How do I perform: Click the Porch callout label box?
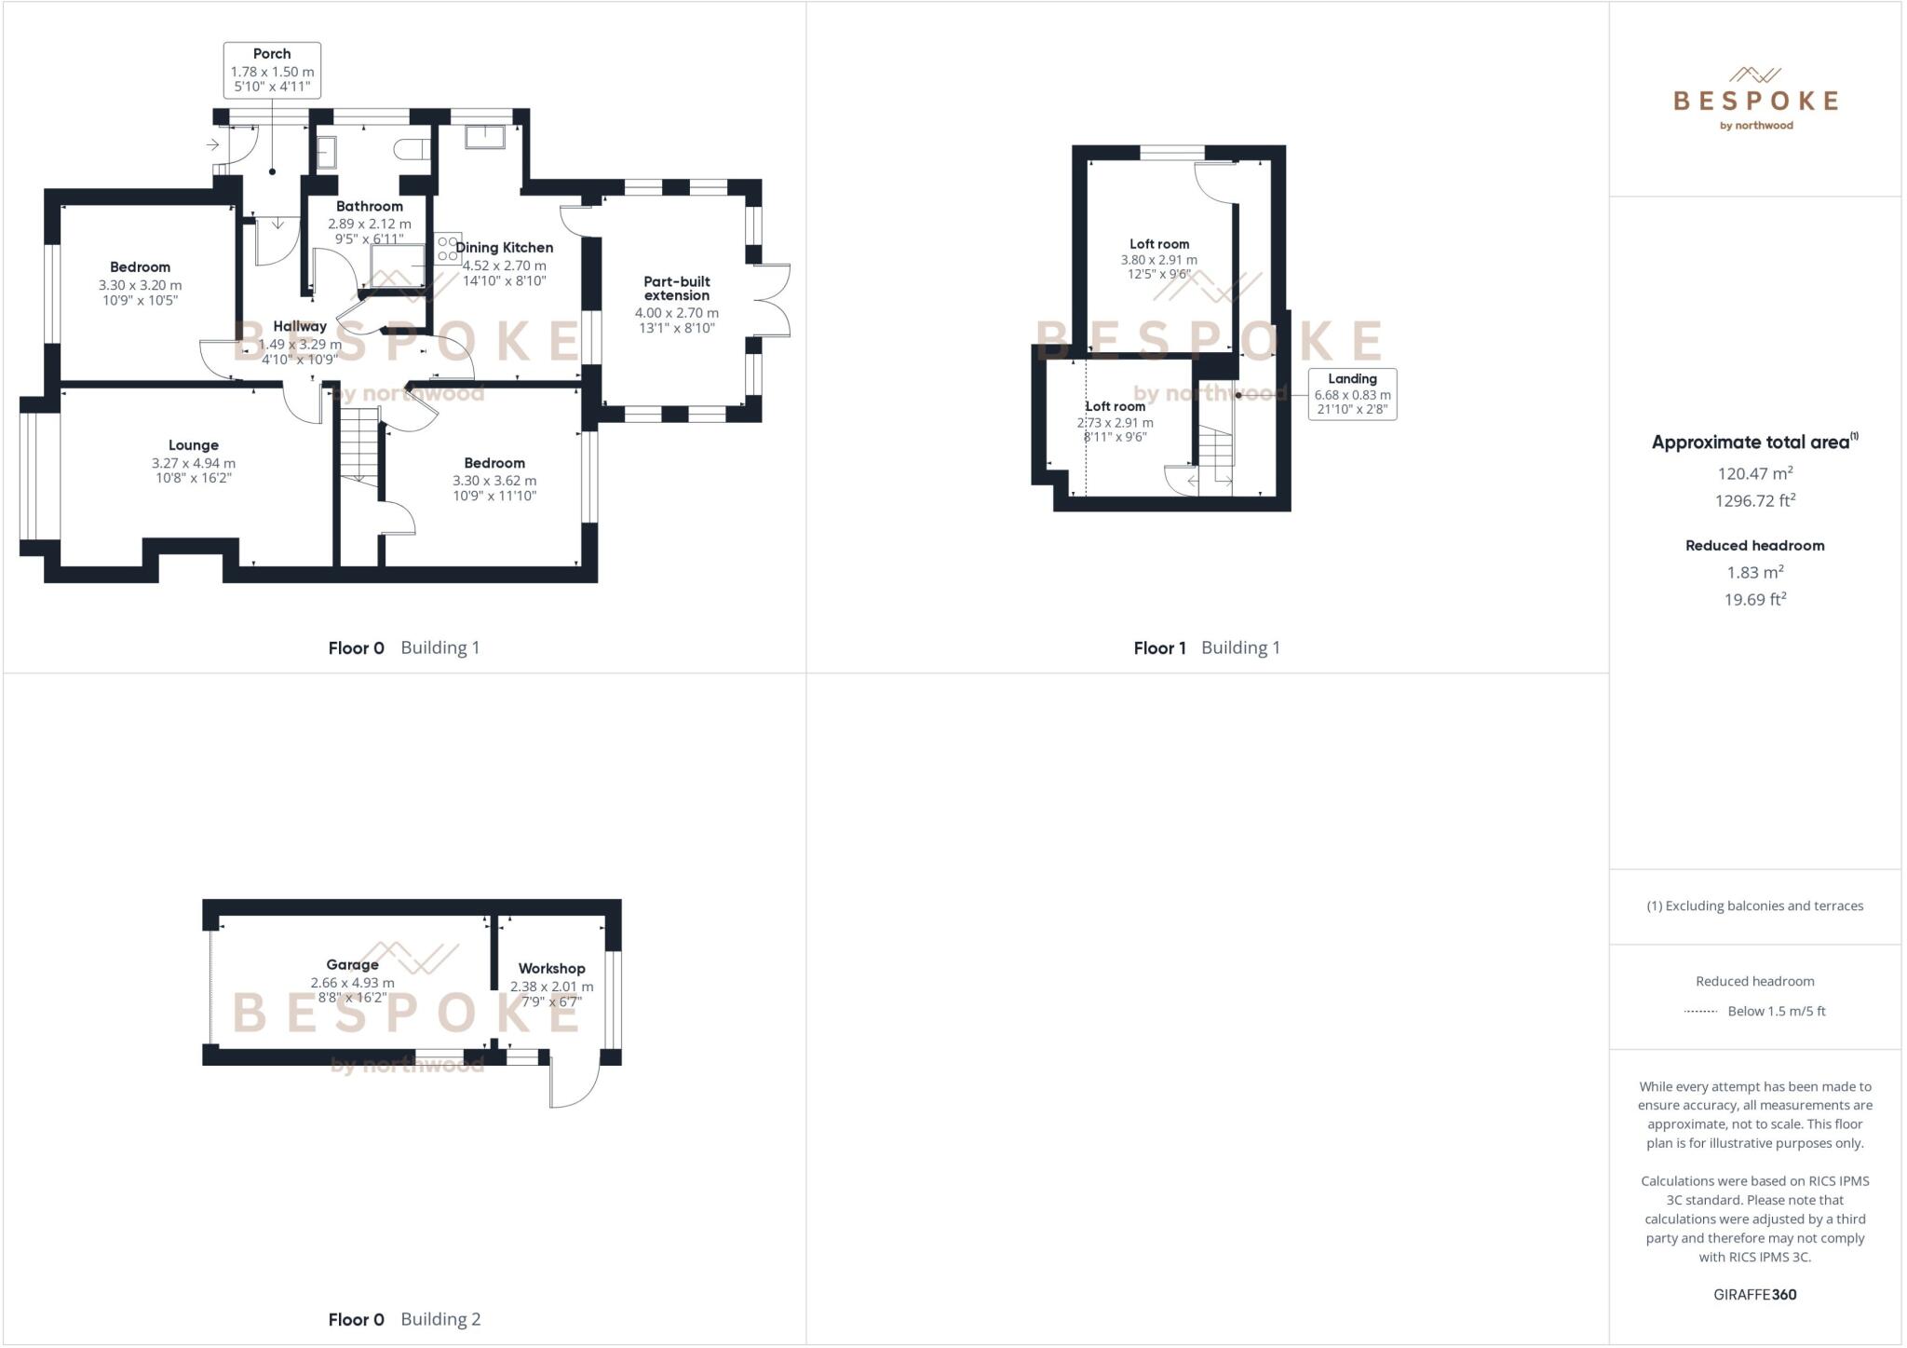point(272,70)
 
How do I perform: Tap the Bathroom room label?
point(370,207)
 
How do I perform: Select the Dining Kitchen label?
point(504,248)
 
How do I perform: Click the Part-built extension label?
point(677,288)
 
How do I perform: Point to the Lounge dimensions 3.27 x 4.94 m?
point(194,463)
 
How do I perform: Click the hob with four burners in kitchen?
point(448,249)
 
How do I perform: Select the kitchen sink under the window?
point(484,137)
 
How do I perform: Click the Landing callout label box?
point(1352,394)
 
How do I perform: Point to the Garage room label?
point(352,965)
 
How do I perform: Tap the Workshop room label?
point(551,969)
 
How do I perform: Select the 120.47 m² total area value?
point(1754,473)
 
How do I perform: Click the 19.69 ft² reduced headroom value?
point(1754,600)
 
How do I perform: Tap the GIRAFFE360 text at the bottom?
point(1754,1294)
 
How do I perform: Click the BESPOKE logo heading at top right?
point(1755,101)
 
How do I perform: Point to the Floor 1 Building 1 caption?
point(1207,648)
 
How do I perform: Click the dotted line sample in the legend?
point(1700,1012)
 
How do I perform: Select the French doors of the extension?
point(773,300)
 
